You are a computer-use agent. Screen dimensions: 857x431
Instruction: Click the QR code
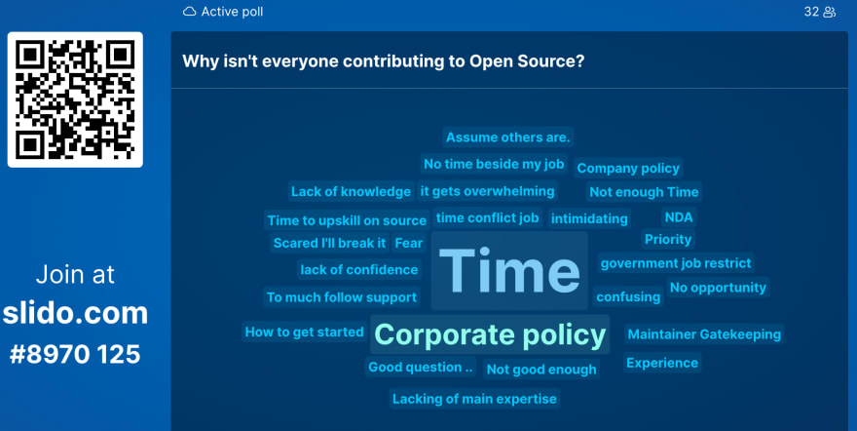coord(75,99)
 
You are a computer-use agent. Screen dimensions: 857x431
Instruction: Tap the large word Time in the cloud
coord(508,271)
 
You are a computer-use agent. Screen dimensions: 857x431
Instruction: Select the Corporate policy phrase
coord(490,334)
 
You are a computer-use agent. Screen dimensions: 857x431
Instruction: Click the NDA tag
coord(679,217)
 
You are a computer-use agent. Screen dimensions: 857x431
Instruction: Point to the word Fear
coord(409,243)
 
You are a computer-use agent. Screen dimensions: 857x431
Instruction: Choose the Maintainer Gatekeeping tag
coord(704,334)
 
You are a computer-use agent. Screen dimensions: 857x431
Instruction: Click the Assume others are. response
coord(507,137)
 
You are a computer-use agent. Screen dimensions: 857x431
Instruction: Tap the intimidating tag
coord(589,218)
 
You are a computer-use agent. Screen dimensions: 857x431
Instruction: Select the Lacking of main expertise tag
coord(474,399)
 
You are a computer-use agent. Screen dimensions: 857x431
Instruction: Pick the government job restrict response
coord(676,263)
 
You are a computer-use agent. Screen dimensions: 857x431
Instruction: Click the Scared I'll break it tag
coord(329,243)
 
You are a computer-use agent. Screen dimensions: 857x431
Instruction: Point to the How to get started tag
coord(304,332)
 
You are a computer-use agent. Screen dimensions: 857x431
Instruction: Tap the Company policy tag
coord(628,169)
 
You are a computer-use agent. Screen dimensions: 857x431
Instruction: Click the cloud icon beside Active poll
coord(189,12)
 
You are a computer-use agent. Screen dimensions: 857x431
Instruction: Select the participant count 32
coord(811,12)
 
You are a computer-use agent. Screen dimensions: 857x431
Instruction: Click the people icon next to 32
coord(829,12)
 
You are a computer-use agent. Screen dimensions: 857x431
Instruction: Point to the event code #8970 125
coord(75,354)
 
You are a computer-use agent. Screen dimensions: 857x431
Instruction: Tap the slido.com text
coord(75,313)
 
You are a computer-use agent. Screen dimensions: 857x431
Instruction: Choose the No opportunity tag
coord(718,288)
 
